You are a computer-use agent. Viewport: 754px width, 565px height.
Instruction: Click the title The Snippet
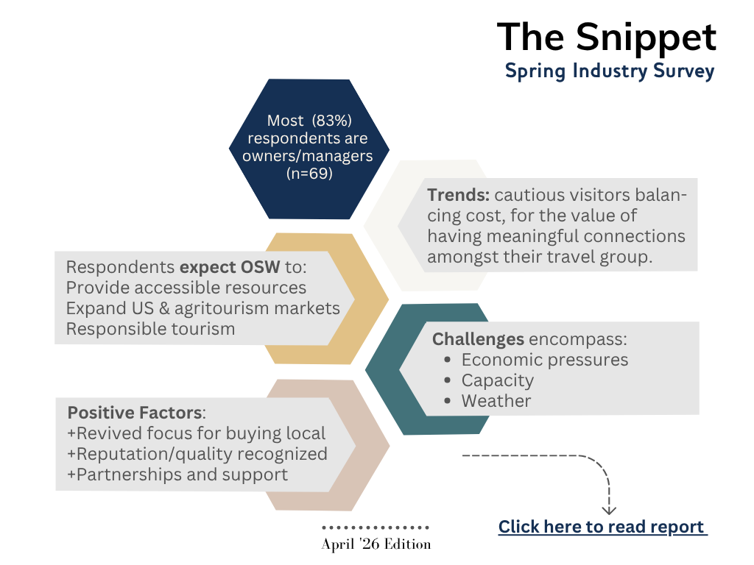(x=606, y=37)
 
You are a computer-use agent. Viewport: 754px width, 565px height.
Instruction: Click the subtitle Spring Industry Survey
(x=609, y=71)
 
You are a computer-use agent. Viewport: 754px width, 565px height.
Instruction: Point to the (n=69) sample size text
(x=309, y=174)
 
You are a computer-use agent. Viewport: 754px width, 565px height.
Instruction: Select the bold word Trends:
(x=458, y=196)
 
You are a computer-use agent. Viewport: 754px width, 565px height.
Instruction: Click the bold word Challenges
(x=478, y=339)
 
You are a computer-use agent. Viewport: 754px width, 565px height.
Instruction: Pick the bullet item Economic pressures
(x=544, y=360)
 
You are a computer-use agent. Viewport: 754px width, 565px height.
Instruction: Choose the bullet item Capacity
(x=497, y=380)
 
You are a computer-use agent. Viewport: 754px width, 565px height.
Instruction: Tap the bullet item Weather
(x=496, y=401)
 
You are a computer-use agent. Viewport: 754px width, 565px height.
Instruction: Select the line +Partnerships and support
(x=177, y=475)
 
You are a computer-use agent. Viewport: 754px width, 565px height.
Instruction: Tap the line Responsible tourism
(x=150, y=328)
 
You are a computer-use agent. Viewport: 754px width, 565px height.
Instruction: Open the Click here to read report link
(x=602, y=527)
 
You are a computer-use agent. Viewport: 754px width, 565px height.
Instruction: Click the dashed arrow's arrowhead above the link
(x=609, y=508)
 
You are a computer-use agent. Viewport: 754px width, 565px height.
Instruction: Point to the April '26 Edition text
(x=376, y=545)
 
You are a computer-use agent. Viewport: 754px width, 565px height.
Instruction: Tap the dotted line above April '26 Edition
(x=376, y=527)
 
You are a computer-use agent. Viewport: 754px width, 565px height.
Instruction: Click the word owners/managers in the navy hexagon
(x=307, y=155)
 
